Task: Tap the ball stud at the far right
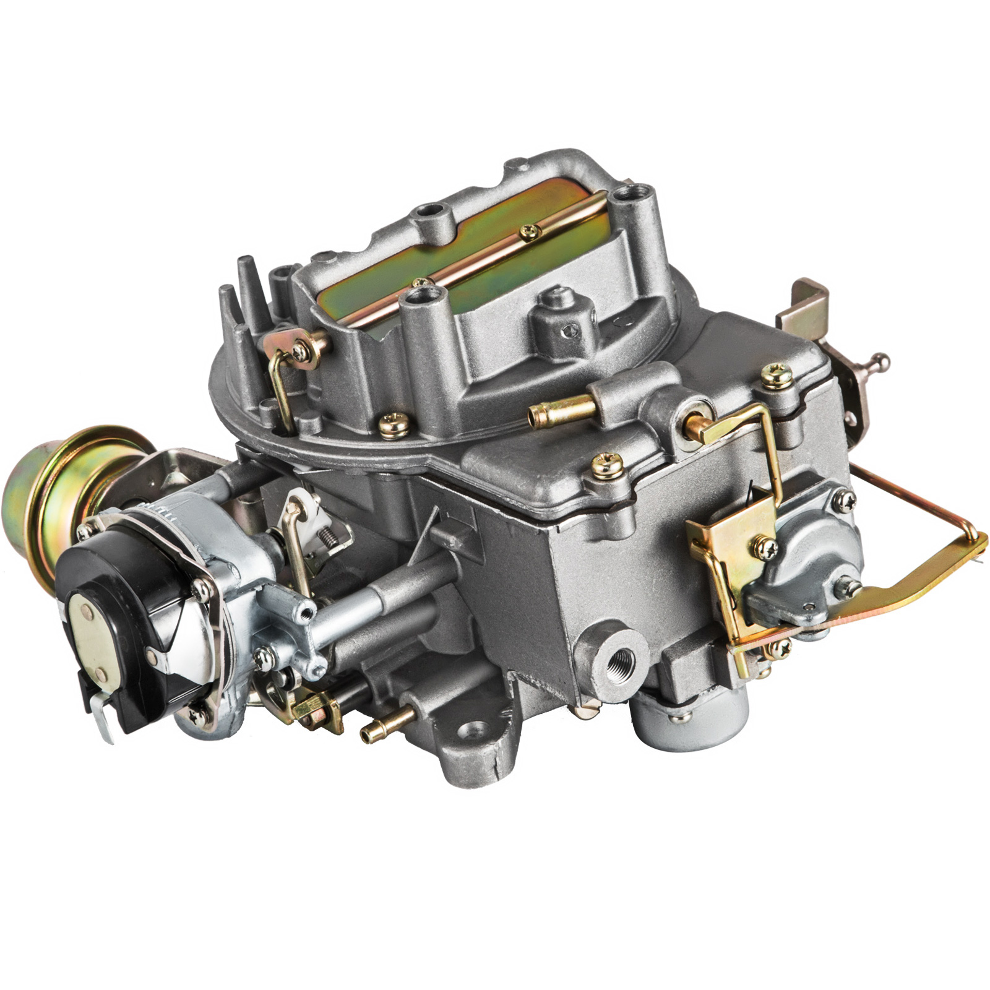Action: (x=882, y=360)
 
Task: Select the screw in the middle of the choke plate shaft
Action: (x=530, y=231)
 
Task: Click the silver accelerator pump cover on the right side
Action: (x=804, y=557)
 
